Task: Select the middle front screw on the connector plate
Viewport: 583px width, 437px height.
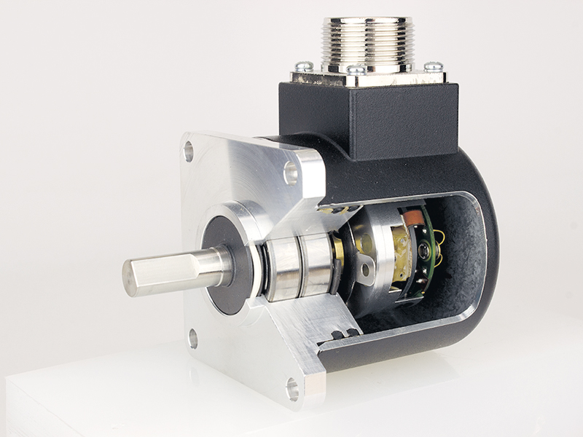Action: (x=356, y=71)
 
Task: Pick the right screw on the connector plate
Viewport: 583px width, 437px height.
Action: (x=433, y=66)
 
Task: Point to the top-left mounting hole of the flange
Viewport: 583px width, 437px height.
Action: (x=189, y=151)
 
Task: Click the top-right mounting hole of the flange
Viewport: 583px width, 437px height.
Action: (x=291, y=173)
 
